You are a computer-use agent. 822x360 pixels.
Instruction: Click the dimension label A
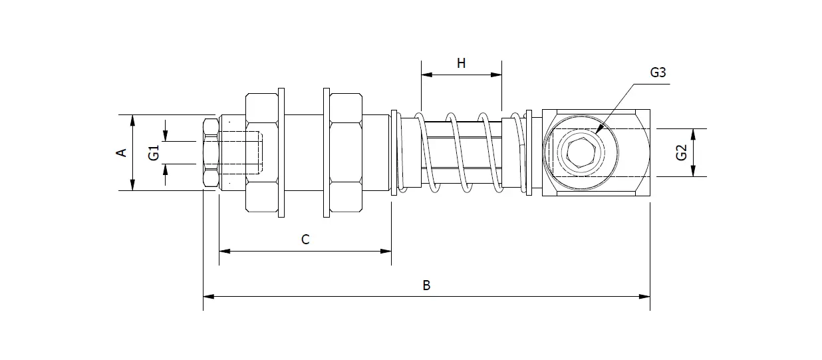tap(122, 152)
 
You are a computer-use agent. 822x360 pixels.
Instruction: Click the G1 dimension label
tap(154, 152)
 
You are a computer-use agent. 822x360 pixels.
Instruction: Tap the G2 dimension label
tap(681, 152)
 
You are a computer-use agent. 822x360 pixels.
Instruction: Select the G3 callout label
tap(658, 73)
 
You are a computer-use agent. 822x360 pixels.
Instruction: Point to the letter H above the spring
tap(462, 64)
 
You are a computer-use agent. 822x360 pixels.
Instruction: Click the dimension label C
tap(305, 240)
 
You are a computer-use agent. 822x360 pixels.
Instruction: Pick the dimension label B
tap(426, 285)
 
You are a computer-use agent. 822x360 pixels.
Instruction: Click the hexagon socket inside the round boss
tap(581, 153)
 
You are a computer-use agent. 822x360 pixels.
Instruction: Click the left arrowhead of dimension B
tap(209, 296)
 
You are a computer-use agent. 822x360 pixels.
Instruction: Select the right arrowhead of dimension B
tap(644, 296)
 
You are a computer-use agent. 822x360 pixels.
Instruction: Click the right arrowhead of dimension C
tap(386, 252)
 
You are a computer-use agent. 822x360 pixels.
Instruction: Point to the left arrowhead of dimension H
tap(427, 75)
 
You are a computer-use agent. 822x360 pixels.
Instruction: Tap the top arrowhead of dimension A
tap(133, 120)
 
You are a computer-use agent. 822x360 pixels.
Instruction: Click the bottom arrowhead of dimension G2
tap(693, 171)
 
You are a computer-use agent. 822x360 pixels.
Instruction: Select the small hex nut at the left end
tap(211, 153)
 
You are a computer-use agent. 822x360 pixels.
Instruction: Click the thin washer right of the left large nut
tap(281, 153)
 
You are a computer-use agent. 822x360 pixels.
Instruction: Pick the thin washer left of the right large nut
tap(327, 153)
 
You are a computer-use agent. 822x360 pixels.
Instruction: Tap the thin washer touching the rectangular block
tap(529, 153)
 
